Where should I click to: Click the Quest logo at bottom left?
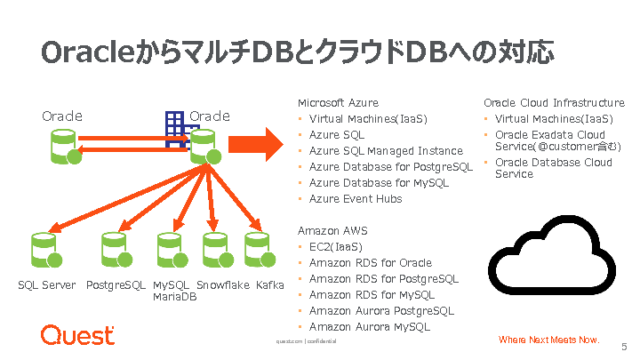pos(77,335)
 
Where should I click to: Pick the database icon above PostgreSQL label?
pos(116,252)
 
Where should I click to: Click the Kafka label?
pos(270,285)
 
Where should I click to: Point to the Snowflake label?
pos(222,285)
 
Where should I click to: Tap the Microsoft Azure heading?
pos(338,103)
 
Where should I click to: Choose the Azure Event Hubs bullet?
pos(356,198)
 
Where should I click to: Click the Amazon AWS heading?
pos(332,231)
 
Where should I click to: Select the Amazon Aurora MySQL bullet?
pos(370,326)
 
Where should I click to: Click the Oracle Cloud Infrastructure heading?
pos(554,103)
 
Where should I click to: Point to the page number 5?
pos(624,348)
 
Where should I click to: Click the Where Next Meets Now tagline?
pos(548,340)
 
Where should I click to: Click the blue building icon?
pos(175,127)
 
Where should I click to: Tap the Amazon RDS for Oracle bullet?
pos(370,262)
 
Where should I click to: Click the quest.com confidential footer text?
pos(306,340)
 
